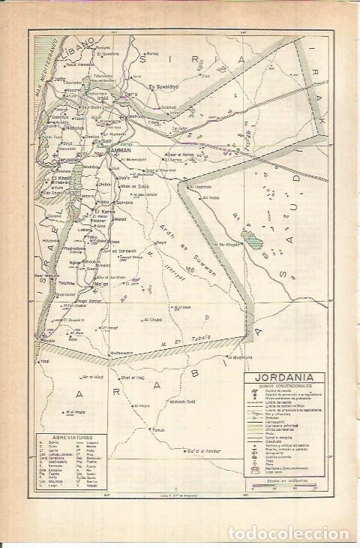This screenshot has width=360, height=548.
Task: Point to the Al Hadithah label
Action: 202,187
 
